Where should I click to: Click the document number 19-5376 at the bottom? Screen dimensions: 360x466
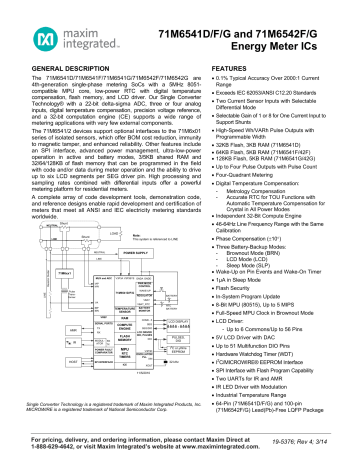coord(314,451)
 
